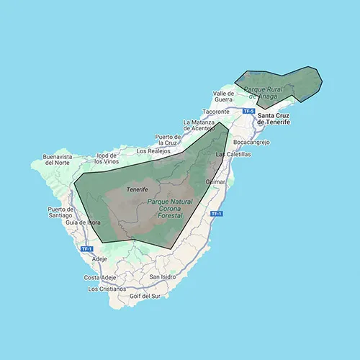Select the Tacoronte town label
tap(216, 112)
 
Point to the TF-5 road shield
tap(248, 111)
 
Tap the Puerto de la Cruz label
tap(171, 140)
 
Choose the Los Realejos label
tap(153, 151)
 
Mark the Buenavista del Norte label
tap(60, 160)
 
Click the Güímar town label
tap(215, 181)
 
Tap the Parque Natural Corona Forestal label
tap(165, 209)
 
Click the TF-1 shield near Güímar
tap(216, 214)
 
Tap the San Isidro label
tap(164, 276)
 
